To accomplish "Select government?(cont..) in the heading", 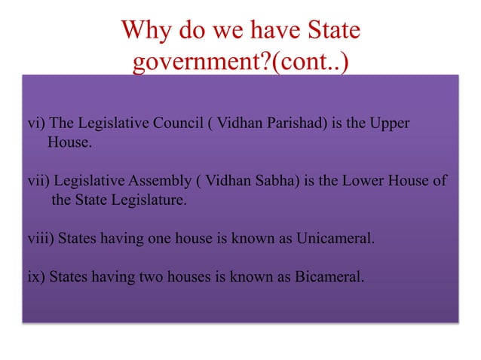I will tap(240, 63).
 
